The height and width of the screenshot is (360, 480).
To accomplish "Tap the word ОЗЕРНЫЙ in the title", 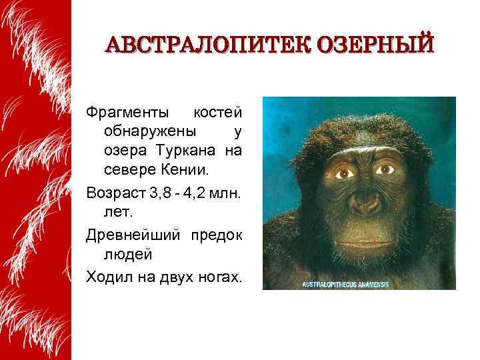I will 377,45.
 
